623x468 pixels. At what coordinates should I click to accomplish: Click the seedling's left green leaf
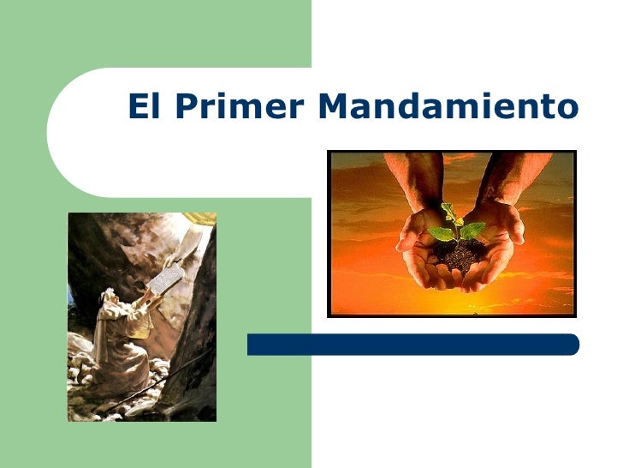(440, 232)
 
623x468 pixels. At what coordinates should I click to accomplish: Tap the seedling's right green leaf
(472, 229)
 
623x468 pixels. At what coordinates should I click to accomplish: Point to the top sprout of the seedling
(446, 208)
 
